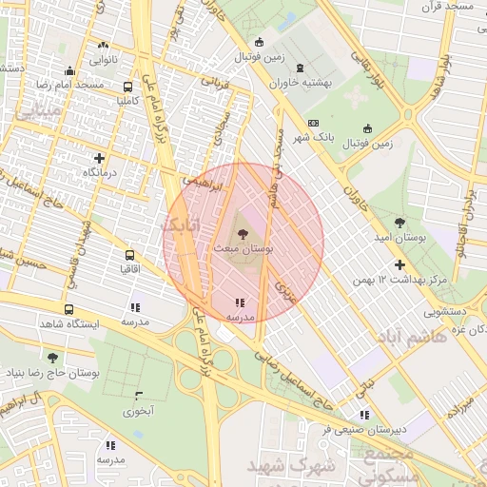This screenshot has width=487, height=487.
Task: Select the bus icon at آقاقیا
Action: (x=129, y=255)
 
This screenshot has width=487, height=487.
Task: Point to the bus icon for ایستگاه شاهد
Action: (x=68, y=309)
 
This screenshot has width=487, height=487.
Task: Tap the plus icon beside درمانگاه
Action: (x=99, y=158)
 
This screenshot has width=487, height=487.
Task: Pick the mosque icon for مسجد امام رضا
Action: (x=68, y=70)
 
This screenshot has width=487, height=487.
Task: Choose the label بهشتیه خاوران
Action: (x=301, y=83)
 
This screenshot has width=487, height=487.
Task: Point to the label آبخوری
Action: (x=138, y=412)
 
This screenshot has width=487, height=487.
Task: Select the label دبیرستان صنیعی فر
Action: (x=364, y=429)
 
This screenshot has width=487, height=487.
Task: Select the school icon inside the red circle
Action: (x=239, y=303)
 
